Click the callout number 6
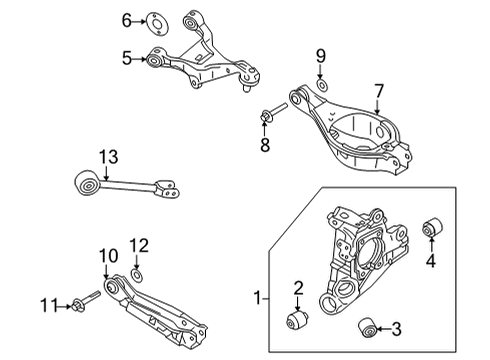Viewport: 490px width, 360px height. point(127,19)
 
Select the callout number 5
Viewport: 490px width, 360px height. point(127,59)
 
